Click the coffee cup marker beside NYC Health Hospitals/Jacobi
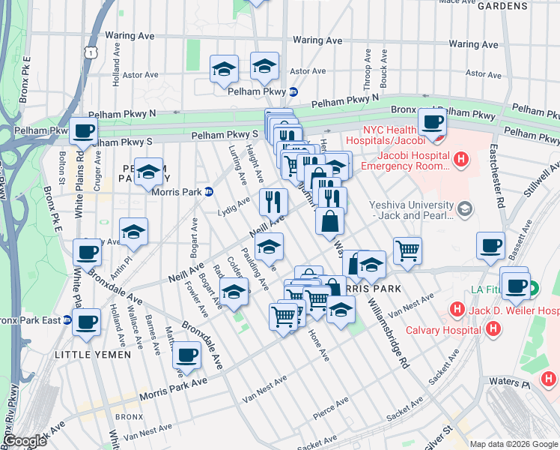point(432,122)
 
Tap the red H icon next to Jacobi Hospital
point(461,158)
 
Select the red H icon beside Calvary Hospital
point(493,328)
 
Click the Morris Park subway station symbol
point(210,191)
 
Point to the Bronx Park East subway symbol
point(67,319)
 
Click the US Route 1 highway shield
point(90,52)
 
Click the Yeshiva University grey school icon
point(466,207)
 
